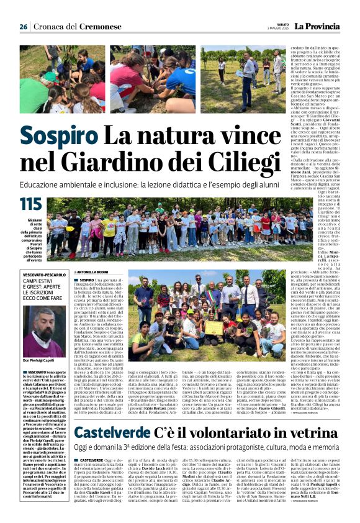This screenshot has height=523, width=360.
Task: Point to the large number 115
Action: click(x=30, y=204)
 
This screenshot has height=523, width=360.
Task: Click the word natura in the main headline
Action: click(x=174, y=136)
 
